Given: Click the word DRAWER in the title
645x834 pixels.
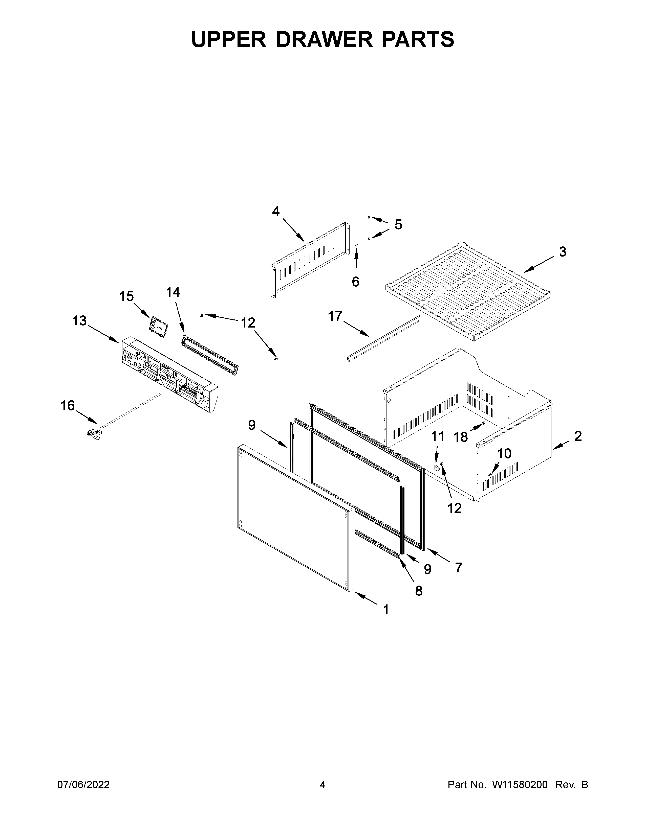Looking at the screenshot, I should pyautogui.click(x=323, y=39).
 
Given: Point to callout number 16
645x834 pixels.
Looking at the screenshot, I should pyautogui.click(x=68, y=406).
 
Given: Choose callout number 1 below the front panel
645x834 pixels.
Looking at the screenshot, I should pyautogui.click(x=386, y=610).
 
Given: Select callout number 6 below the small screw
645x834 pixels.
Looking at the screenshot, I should pyautogui.click(x=355, y=282).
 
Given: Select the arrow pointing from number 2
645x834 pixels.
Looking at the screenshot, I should pyautogui.click(x=562, y=444).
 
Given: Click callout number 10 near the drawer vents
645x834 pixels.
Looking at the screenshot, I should pyautogui.click(x=504, y=454).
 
